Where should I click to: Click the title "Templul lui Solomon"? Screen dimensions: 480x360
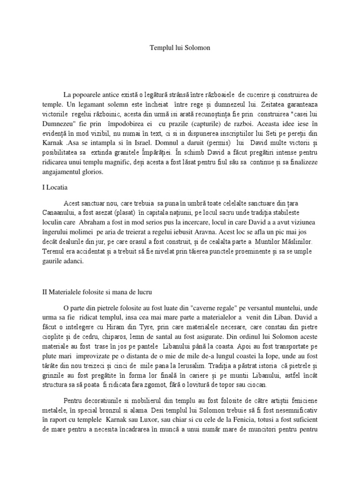(x=180, y=47)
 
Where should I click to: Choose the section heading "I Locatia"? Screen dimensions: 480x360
(x=55, y=187)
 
